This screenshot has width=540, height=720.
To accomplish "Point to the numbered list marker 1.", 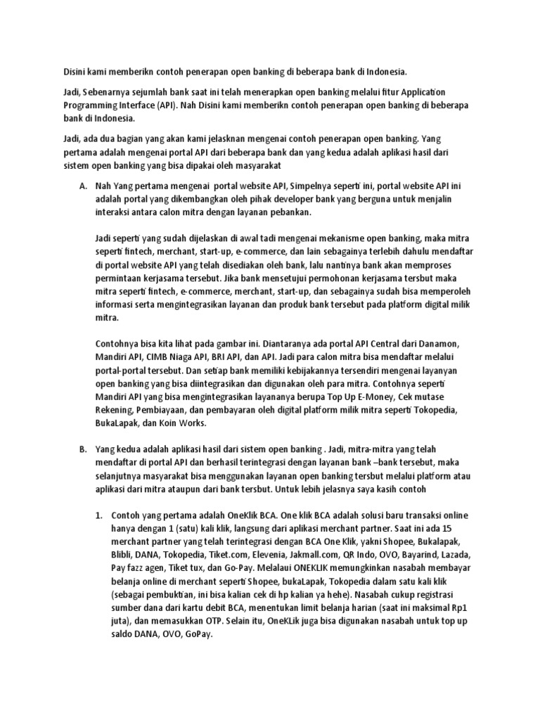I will (x=99, y=515).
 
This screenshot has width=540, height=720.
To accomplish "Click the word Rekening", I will (x=115, y=409).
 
